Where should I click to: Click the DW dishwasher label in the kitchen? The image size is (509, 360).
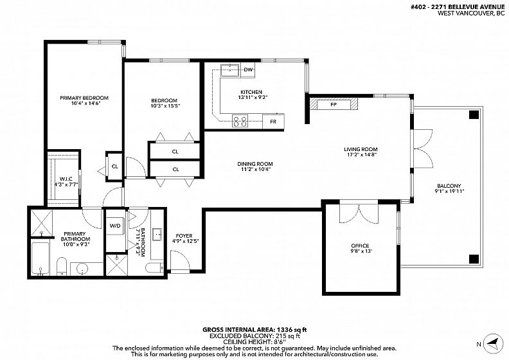click(248, 70)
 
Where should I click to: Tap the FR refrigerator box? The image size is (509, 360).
click(273, 122)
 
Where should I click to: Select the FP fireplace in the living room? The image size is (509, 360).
click(334, 105)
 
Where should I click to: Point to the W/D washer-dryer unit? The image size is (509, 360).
click(115, 226)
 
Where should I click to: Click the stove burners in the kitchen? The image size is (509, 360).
click(240, 121)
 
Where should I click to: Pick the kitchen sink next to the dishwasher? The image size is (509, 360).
click(230, 70)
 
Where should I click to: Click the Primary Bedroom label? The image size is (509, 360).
click(84, 98)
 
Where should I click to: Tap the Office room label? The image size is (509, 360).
click(360, 246)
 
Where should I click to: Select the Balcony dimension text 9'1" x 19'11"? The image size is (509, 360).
click(449, 191)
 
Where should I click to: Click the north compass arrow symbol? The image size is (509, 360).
click(493, 344)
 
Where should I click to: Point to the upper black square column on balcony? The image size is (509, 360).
click(474, 114)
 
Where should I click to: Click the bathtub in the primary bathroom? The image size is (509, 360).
click(40, 258)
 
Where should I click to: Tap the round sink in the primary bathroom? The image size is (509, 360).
click(82, 269)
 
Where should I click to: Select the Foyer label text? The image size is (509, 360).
click(184, 236)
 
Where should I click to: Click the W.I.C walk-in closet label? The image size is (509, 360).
click(66, 179)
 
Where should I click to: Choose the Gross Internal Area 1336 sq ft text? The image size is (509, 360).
click(254, 330)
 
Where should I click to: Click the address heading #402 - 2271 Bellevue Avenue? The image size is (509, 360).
click(458, 6)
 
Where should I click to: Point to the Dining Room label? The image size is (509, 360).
click(255, 164)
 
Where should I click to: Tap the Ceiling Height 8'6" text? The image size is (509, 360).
click(254, 342)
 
